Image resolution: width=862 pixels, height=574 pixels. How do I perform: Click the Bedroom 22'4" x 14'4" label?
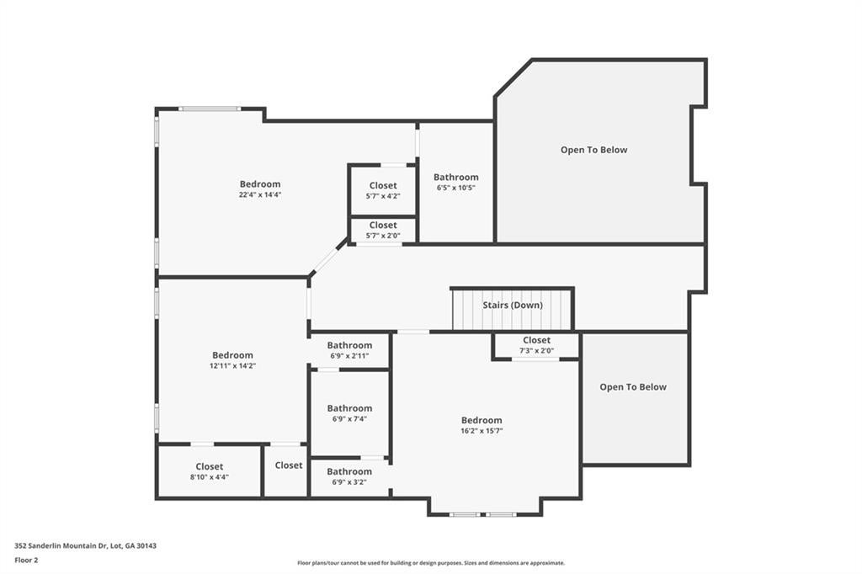(260, 189)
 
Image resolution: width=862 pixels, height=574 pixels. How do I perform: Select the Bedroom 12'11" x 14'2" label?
(232, 360)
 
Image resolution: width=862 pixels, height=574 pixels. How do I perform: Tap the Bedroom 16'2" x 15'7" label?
(482, 425)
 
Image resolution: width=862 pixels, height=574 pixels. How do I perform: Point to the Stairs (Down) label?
(513, 306)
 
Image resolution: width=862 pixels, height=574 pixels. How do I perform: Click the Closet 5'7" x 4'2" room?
(383, 190)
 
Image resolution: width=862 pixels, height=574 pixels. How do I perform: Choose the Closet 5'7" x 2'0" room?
(383, 230)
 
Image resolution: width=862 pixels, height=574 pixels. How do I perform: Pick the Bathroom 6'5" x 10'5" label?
(456, 182)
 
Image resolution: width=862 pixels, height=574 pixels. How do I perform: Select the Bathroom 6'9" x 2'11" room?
(349, 350)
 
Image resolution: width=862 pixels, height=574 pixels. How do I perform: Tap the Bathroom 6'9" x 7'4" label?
(349, 413)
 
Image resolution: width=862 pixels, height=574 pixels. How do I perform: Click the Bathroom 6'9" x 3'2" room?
(349, 476)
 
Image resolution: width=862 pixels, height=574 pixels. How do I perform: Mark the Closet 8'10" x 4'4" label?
(210, 471)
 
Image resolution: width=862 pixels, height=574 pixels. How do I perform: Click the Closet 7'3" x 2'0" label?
(536, 345)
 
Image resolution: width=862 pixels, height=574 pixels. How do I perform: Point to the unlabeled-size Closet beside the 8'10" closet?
(288, 465)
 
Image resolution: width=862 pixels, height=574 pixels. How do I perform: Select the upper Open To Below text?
(594, 150)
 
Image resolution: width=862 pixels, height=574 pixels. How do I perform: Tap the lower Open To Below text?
(633, 387)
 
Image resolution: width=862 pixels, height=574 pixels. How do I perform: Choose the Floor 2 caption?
(27, 560)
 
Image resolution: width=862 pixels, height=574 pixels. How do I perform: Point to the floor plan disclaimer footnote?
(431, 563)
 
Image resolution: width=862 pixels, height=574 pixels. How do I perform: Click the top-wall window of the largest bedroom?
(210, 109)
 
